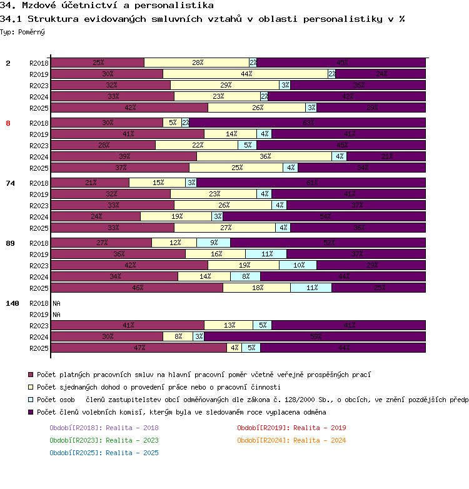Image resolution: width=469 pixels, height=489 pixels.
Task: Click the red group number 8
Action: pyautogui.click(x=8, y=123)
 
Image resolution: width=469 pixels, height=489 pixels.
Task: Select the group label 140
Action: pyautogui.click(x=13, y=303)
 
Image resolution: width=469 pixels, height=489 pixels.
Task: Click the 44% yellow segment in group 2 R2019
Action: pyautogui.click(x=246, y=74)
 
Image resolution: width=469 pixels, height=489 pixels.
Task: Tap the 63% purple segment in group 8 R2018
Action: pyautogui.click(x=308, y=123)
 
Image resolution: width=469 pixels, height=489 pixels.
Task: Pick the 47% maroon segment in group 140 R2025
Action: pyautogui.click(x=139, y=348)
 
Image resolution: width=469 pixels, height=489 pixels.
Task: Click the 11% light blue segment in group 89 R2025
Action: pyautogui.click(x=311, y=288)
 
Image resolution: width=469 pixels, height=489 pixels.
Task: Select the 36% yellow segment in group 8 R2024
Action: pyautogui.click(x=265, y=156)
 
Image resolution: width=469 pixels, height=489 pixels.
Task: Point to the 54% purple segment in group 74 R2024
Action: pyautogui.click(x=325, y=216)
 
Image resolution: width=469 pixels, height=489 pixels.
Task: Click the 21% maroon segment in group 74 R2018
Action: pyautogui.click(x=90, y=183)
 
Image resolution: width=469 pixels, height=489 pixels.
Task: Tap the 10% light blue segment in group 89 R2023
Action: pyautogui.click(x=298, y=265)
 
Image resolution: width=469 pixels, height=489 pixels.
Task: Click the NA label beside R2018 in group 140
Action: pyautogui.click(x=56, y=303)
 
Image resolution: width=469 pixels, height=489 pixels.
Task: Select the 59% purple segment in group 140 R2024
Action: pyautogui.click(x=315, y=336)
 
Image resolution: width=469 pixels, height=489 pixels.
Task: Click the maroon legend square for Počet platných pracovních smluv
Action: pyautogui.click(x=31, y=375)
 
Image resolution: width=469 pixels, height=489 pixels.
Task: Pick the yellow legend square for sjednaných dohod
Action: pyautogui.click(x=31, y=387)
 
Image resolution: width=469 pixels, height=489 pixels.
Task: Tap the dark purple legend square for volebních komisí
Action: pyautogui.click(x=31, y=412)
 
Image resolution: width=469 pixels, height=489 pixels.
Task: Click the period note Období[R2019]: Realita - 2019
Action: pyautogui.click(x=291, y=428)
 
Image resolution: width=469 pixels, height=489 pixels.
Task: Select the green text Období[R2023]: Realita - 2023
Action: pyautogui.click(x=104, y=440)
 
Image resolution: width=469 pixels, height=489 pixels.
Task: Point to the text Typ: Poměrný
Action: pyautogui.click(x=23, y=31)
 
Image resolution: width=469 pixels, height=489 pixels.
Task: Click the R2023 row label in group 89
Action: pyautogui.click(x=39, y=265)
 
